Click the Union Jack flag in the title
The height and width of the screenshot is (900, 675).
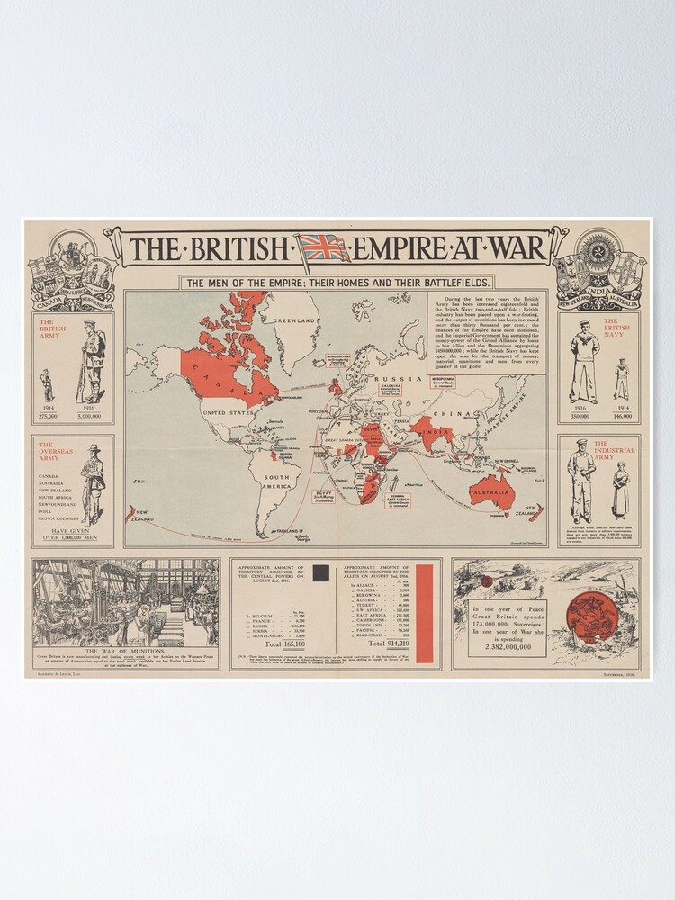click(x=325, y=247)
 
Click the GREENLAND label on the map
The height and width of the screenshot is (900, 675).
click(x=297, y=320)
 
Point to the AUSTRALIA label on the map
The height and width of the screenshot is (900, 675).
click(x=493, y=493)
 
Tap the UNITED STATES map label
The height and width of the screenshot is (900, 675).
click(x=229, y=413)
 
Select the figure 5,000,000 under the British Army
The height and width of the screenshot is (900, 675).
click(x=90, y=417)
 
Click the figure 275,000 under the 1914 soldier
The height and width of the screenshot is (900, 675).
click(x=48, y=417)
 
